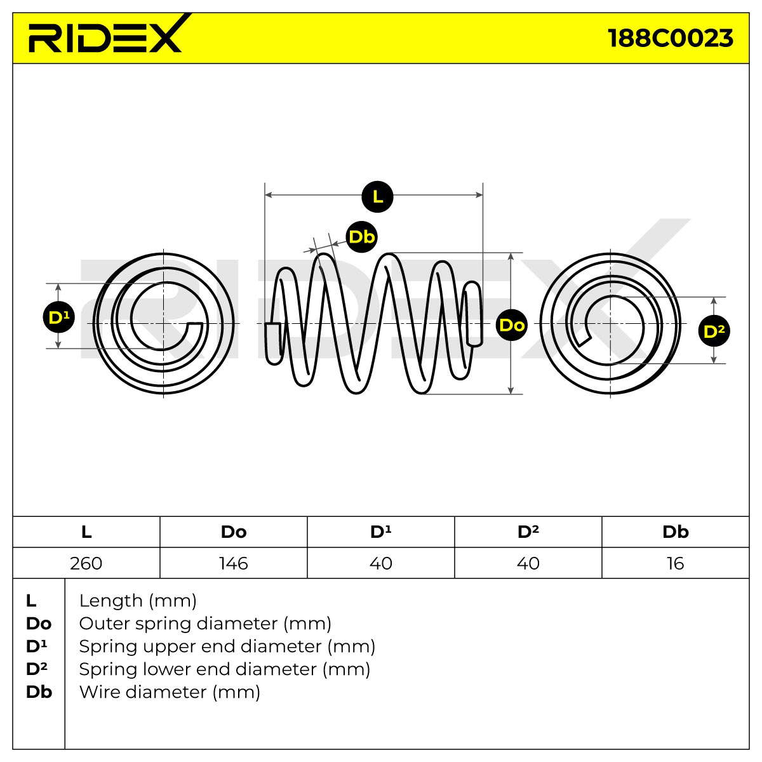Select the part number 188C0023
(670, 38)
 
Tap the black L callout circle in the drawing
(377, 196)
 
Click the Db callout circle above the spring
(361, 237)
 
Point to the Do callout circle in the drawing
(512, 325)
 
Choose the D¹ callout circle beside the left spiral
(59, 317)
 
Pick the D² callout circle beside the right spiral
(714, 331)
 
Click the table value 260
(86, 563)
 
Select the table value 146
(234, 563)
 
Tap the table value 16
(676, 563)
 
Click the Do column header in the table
(234, 532)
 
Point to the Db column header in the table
(676, 531)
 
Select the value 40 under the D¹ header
(381, 563)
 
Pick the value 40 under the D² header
(528, 563)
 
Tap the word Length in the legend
(110, 601)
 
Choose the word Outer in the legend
(105, 624)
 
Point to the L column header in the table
(86, 532)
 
